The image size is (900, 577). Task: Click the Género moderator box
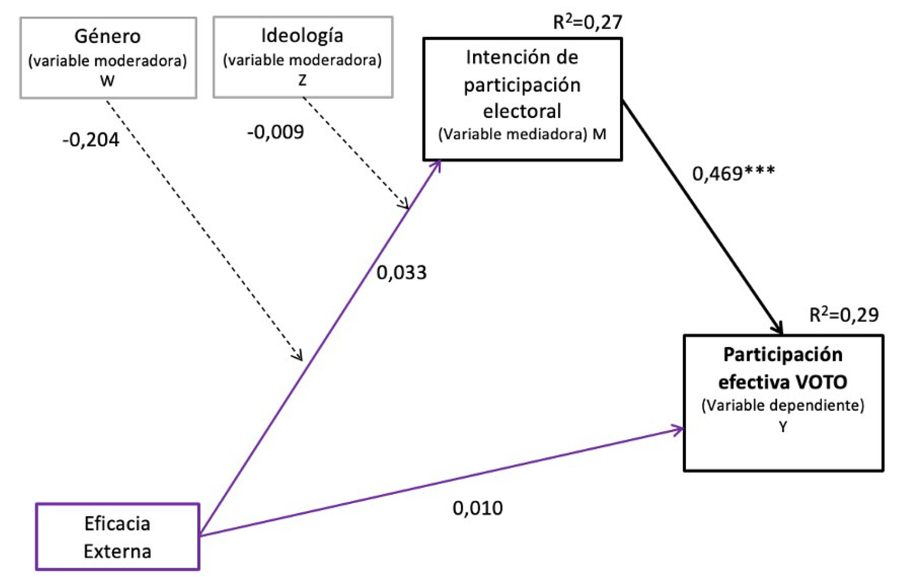pos(108,57)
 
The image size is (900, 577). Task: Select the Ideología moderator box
pos(303,57)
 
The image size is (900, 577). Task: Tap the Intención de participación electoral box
pos(522,99)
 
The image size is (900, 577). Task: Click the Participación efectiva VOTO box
pos(783,403)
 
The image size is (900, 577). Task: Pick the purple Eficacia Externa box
pos(117,536)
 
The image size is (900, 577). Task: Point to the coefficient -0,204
pos(91,140)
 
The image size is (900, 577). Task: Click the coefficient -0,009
pos(275,132)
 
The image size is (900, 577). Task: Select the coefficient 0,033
pos(401,272)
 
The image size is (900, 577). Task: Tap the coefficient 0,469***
pos(733,173)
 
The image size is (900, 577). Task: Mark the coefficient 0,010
pos(477,508)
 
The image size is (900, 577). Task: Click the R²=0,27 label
pos(587,22)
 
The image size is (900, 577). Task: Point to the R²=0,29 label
pos(844,315)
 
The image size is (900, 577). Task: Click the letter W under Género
pos(107,81)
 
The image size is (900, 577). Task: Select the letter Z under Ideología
pos(303,80)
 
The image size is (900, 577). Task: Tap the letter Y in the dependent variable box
pos(783,427)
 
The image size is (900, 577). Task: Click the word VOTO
pos(821,382)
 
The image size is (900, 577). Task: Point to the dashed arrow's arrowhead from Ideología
pos(404,204)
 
